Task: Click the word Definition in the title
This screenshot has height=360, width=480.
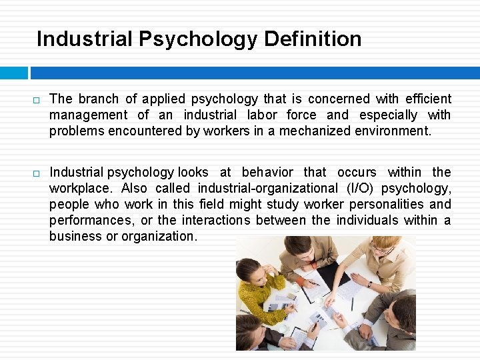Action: coord(313,39)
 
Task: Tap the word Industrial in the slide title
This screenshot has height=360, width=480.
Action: coord(84,39)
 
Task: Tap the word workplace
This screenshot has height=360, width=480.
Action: coord(81,188)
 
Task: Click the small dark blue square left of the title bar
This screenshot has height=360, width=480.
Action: coord(14,72)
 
